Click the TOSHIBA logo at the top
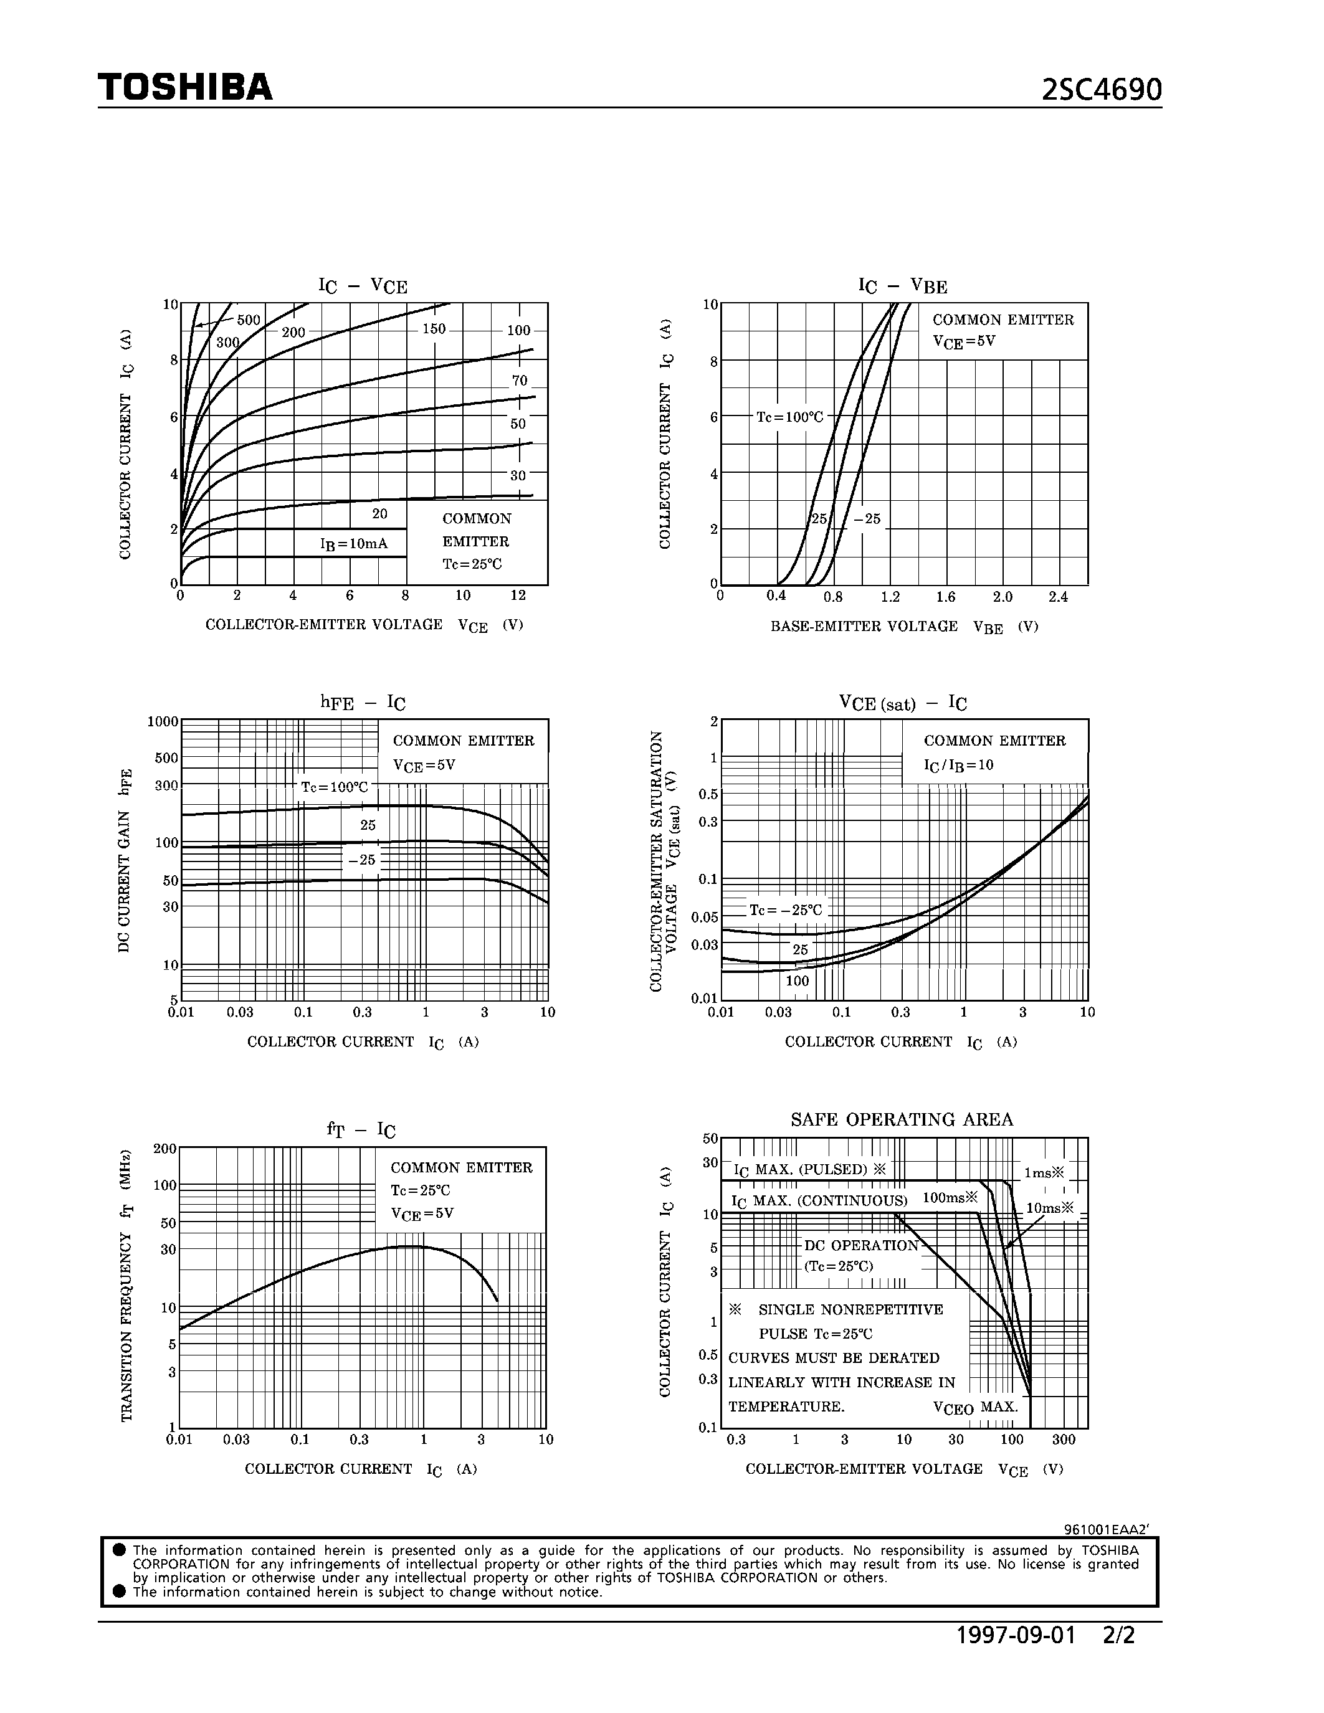tap(185, 87)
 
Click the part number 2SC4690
tap(1101, 91)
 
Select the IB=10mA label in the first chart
tap(354, 544)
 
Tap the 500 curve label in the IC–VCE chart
tap(249, 320)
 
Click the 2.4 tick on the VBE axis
tap(1058, 597)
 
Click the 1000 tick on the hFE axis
tap(163, 721)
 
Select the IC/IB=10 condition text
tap(958, 765)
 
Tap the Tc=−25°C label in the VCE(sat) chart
tap(785, 910)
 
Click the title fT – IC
tap(361, 1130)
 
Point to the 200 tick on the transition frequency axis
tap(164, 1149)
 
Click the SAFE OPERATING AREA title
tap(901, 1119)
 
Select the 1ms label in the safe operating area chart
tap(1043, 1174)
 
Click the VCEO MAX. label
tap(975, 1407)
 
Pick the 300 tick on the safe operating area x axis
tap(1064, 1440)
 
